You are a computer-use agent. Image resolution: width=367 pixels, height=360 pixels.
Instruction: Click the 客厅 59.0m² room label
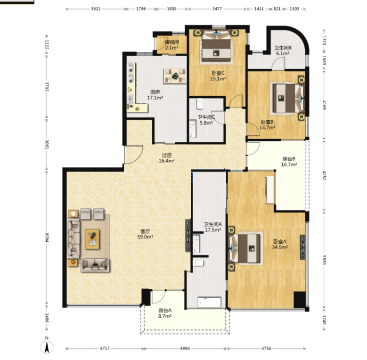pos(145,234)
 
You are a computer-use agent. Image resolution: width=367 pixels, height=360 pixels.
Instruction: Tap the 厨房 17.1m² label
pos(155,95)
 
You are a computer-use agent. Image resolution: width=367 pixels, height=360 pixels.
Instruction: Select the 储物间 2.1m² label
pos(171,45)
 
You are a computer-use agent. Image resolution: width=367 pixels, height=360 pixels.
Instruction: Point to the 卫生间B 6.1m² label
pos(283,50)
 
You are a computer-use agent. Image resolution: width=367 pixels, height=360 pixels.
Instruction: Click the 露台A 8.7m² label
pos(165,313)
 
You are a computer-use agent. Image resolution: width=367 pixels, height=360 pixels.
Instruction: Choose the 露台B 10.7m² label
pos(289,162)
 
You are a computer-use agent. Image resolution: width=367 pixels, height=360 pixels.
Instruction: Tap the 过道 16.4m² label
pos(167,158)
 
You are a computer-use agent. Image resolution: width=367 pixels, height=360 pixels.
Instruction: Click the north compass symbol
pos(47,345)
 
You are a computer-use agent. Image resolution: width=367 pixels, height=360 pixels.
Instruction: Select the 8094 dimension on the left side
pos(47,237)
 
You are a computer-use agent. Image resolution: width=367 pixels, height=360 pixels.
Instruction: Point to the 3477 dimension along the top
pos(217,9)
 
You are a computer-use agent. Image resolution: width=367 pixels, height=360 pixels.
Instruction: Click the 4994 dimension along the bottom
pos(185,349)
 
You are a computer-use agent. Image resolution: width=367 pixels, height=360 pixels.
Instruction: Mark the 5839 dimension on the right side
pos(324,260)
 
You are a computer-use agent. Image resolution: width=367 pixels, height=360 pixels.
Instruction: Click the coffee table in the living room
pos(92,239)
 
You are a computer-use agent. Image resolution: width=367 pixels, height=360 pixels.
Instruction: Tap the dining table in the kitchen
pos(175,76)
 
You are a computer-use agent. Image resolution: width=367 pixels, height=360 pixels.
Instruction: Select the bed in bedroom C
pos(217,47)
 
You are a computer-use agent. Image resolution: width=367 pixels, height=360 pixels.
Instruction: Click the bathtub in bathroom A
pos(209,302)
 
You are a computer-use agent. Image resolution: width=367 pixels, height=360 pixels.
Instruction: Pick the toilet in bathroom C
pos(199,104)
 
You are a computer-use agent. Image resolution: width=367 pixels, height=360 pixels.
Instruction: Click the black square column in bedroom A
pos(300,299)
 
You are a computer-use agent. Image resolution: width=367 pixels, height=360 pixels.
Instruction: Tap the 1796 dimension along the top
pos(141,9)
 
